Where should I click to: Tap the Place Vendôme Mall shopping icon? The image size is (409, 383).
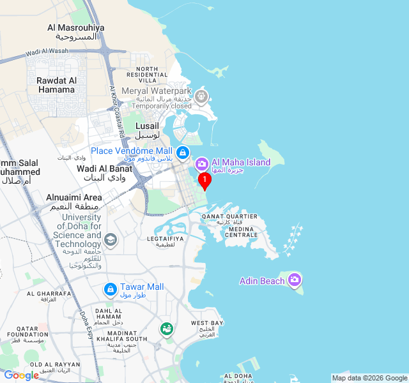pos(183,152)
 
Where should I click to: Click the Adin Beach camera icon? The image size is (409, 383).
pos(295,280)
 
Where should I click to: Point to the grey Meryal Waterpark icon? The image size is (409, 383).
pos(202,97)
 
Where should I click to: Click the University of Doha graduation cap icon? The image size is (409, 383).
pos(111,240)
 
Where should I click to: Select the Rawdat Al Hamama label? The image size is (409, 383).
pos(56,85)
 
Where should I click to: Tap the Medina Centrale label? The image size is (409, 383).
pos(242,232)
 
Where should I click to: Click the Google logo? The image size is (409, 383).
pos(21,375)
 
